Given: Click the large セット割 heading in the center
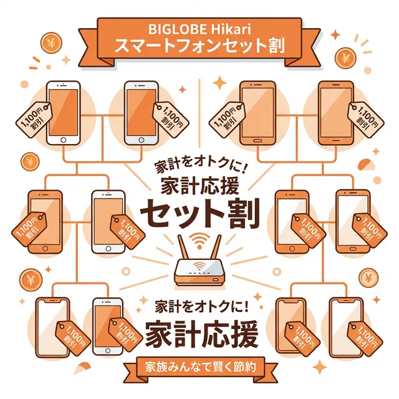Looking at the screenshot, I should coord(199,213).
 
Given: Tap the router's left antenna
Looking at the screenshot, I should coord(183,249).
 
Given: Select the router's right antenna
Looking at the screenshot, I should coord(216,249).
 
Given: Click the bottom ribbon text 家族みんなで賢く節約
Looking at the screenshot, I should coord(199,367).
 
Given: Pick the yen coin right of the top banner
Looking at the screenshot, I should coord(345,59).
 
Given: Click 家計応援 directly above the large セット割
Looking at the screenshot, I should coord(199,186).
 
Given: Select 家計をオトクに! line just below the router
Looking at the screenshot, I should coord(200,307).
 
